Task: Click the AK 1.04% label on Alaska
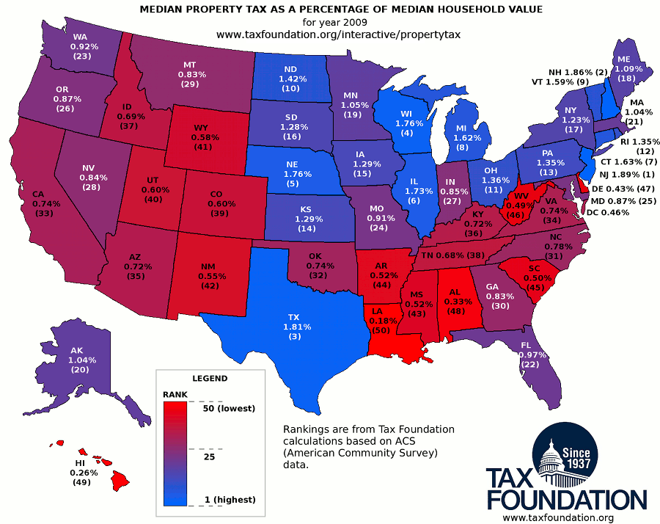(x=78, y=360)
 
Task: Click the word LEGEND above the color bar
(x=210, y=379)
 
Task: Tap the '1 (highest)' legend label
(x=230, y=499)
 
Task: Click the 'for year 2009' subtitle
(x=330, y=22)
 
